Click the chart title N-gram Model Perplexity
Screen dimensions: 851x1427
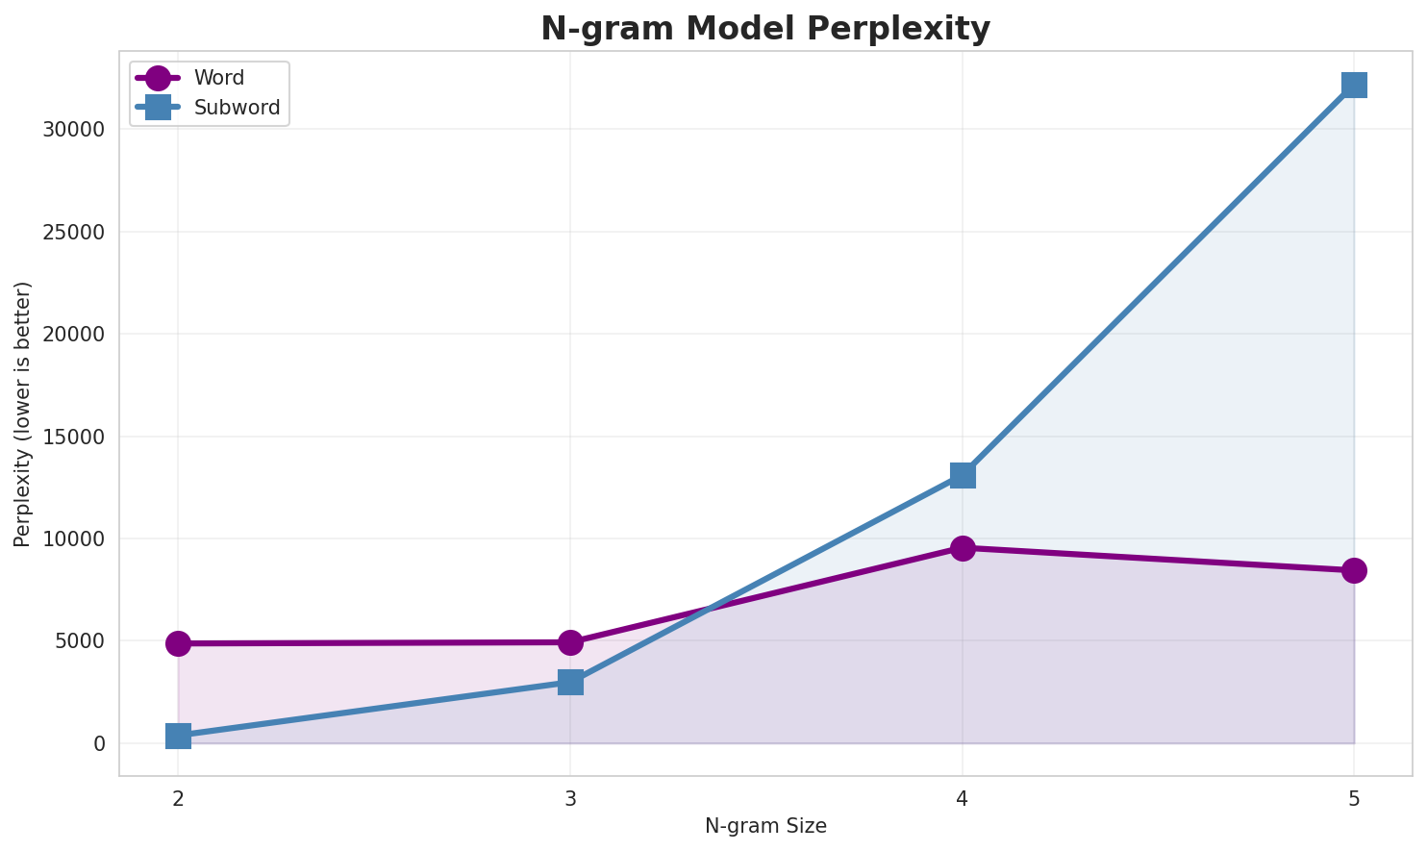click(x=764, y=29)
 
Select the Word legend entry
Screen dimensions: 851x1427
click(x=218, y=78)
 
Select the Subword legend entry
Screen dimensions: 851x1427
click(x=237, y=108)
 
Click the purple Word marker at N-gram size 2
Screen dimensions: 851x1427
click(x=178, y=643)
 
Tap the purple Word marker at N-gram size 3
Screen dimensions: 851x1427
click(x=570, y=642)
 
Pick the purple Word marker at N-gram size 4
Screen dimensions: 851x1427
click(x=963, y=548)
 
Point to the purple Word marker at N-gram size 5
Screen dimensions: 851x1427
click(x=1354, y=570)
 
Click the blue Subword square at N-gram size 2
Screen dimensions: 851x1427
click(x=178, y=737)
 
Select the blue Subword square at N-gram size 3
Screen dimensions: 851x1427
click(x=570, y=682)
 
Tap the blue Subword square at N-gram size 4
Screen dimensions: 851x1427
click(x=963, y=475)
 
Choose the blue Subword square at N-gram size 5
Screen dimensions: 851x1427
click(x=1354, y=85)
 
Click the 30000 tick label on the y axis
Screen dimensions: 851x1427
click(x=74, y=130)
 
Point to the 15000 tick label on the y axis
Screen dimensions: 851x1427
click(x=74, y=437)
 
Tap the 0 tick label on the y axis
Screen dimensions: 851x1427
click(x=99, y=743)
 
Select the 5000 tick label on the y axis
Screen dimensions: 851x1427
click(x=79, y=641)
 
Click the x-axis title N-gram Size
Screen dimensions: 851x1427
click(x=765, y=826)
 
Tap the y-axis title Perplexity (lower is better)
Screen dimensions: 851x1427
click(x=23, y=414)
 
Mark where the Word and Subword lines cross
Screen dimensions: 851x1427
click(x=709, y=609)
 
